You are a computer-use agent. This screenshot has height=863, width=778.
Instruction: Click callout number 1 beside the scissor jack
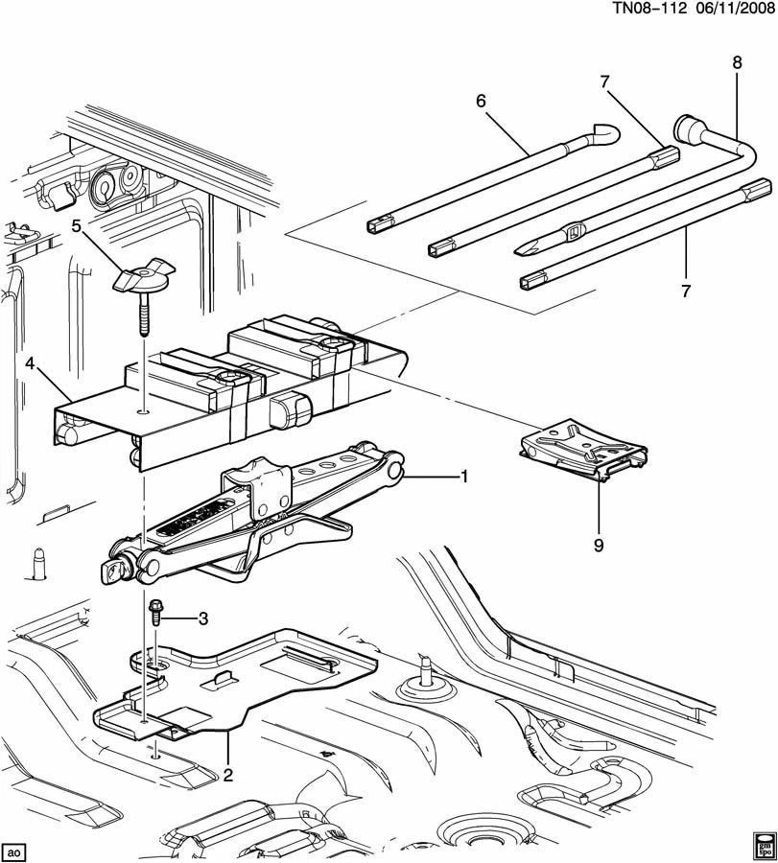click(x=465, y=477)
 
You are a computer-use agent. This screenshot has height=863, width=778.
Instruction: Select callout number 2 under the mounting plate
click(x=229, y=775)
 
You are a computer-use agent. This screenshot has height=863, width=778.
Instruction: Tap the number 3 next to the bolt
click(x=202, y=619)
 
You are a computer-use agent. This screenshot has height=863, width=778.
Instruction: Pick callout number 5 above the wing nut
click(x=76, y=227)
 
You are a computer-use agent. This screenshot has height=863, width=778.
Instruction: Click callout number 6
click(x=481, y=100)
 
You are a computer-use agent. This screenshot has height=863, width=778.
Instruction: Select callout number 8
click(x=737, y=63)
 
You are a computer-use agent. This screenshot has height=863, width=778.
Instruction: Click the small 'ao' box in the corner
click(x=14, y=851)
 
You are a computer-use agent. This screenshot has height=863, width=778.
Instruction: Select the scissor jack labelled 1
click(x=259, y=513)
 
